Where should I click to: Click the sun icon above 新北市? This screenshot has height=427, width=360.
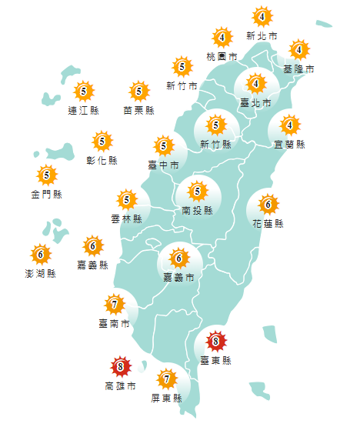[x=262, y=16]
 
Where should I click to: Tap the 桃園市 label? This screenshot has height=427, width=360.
[x=222, y=57]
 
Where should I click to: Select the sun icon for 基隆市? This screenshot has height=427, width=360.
[x=298, y=50]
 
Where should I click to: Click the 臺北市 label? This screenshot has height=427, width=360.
[x=256, y=102]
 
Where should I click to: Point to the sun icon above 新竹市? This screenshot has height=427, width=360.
[x=182, y=66]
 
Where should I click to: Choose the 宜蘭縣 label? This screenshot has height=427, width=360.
[x=290, y=144]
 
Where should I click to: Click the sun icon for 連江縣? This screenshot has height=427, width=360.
[x=84, y=92]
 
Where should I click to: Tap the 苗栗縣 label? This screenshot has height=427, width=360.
[x=139, y=111]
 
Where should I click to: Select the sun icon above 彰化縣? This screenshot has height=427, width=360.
[x=102, y=142]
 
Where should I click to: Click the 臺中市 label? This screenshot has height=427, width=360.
[x=163, y=165]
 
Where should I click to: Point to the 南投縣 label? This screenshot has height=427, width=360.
[x=198, y=210]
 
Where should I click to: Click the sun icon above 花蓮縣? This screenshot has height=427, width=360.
[x=268, y=205]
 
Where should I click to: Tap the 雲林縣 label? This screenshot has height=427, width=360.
[x=127, y=219]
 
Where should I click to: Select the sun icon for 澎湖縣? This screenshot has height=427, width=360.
[x=40, y=253]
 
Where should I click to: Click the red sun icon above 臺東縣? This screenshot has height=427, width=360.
[x=216, y=341]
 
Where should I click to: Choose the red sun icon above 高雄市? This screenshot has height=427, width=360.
[x=119, y=366]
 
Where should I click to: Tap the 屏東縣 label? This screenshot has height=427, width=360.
[x=168, y=399]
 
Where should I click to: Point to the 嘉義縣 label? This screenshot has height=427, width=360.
[x=93, y=265]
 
